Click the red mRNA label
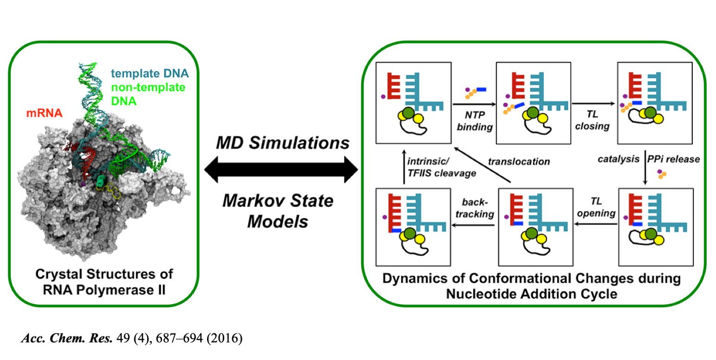tap(43, 113)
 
